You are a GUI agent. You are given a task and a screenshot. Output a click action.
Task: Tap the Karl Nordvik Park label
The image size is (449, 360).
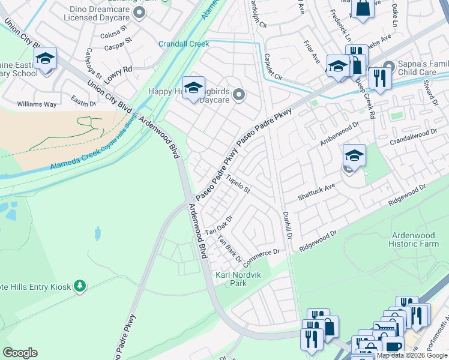pyautogui.click(x=231, y=279)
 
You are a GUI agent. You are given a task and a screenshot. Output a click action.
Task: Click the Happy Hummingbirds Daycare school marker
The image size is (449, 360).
pyautogui.click(x=193, y=89)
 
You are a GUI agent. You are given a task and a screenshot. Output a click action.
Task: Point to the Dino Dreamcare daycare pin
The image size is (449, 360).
pyautogui.click(x=139, y=12)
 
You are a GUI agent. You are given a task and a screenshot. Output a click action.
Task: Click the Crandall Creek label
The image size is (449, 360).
pyautogui.click(x=183, y=44)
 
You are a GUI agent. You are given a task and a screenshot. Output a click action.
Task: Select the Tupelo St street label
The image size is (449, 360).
pyautogui.click(x=238, y=184)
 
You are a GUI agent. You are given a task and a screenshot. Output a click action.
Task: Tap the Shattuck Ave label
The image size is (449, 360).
pyautogui.click(x=316, y=193)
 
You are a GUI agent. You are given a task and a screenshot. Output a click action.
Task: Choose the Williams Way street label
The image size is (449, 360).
pyautogui.click(x=37, y=104)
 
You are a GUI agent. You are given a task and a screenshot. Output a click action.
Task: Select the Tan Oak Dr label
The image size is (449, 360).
pyautogui.click(x=218, y=226)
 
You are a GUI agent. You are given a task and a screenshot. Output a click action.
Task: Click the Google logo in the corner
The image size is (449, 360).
pyautogui.click(x=20, y=353)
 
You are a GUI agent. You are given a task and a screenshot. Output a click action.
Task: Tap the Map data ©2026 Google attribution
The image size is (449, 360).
pyautogui.click(x=412, y=355)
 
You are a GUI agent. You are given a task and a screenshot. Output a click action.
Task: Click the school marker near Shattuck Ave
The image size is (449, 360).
pyautogui.click(x=354, y=156)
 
